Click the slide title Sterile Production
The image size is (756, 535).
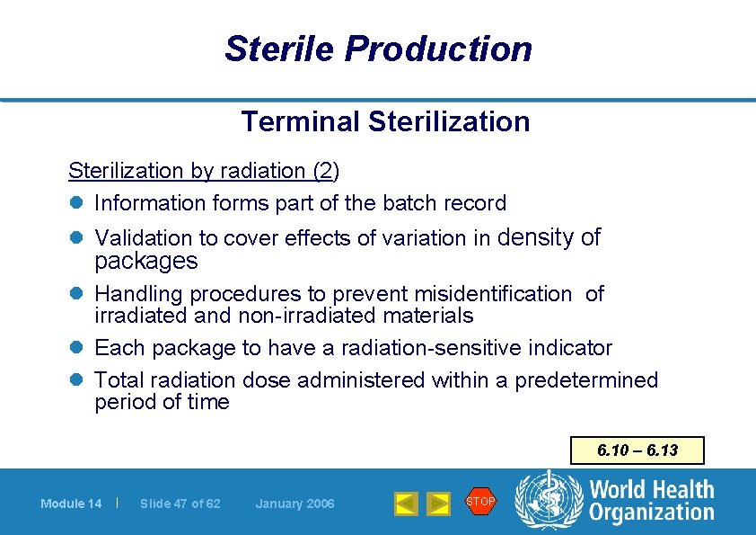(378, 49)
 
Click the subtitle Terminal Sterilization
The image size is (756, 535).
(385, 121)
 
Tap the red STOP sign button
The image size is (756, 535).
(480, 501)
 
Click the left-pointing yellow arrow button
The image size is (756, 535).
(407, 504)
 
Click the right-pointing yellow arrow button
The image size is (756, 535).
(438, 504)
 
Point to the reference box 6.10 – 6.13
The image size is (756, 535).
(637, 450)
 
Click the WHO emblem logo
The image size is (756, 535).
(548, 501)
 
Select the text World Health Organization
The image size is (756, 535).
(652, 501)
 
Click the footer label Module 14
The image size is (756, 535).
(71, 504)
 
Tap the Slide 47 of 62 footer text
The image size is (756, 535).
(180, 504)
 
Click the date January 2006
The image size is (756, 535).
(294, 504)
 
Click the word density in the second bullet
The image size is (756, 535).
(536, 237)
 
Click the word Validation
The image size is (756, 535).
(144, 238)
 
